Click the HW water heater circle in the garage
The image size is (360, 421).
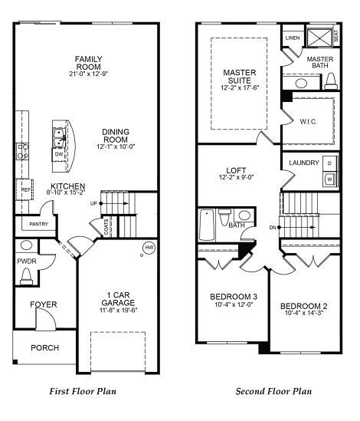tap(149, 248)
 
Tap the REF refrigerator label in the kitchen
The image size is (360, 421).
tap(26, 189)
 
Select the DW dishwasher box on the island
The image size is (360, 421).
tap(59, 154)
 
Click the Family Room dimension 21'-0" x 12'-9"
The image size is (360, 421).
tap(89, 74)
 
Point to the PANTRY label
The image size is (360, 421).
tap(38, 224)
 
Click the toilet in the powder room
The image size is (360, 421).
tap(26, 276)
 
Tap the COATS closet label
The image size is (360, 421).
tap(106, 227)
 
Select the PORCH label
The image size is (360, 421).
tap(44, 348)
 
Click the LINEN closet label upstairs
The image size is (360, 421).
tap(293, 38)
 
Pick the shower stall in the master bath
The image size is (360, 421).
tap(319, 38)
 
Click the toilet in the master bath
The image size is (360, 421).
tap(331, 81)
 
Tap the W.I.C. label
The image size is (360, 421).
tap(309, 122)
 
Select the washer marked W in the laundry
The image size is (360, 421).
tap(330, 179)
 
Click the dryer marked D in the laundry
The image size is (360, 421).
tap(329, 163)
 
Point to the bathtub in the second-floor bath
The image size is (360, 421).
tap(207, 225)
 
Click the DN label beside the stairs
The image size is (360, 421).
tap(273, 228)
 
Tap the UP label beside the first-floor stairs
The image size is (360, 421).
tap(93, 203)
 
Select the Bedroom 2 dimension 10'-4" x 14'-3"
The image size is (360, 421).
tap(304, 313)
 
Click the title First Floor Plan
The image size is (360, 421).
tap(83, 391)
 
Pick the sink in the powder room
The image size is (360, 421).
tap(26, 245)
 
